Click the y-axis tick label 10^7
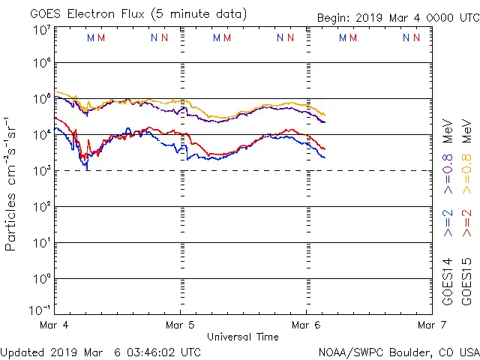(x=40, y=30)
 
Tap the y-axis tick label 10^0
(x=40, y=279)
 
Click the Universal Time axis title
(x=243, y=337)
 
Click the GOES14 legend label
(x=448, y=281)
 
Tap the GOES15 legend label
(x=466, y=281)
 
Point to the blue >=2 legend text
(x=448, y=223)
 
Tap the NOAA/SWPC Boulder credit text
(x=398, y=351)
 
